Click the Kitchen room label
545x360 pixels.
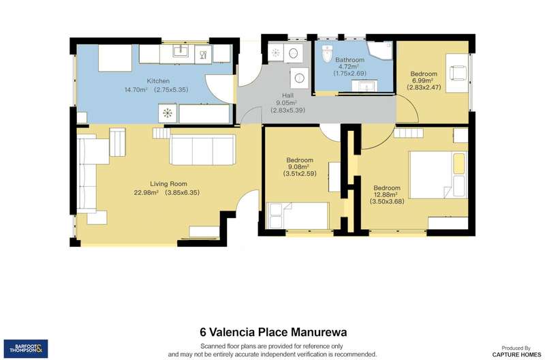coord(158,81)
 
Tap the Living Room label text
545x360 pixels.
coord(168,184)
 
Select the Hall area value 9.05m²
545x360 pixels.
coord(286,103)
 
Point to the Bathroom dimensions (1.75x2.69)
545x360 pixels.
coord(349,74)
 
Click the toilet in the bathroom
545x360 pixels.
coord(327,54)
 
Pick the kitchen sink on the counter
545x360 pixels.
coord(181,51)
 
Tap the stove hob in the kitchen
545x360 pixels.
coord(168,113)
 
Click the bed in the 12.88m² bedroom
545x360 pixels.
coord(438,175)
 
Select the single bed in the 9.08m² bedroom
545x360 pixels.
coord(297,215)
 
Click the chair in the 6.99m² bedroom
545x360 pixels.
coord(456,73)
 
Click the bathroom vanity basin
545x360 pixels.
coord(364,85)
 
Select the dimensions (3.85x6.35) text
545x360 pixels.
coord(182,193)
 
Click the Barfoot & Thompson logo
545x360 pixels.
coord(26,348)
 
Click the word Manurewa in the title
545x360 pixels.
coord(319,332)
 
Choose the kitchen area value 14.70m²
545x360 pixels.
coord(136,90)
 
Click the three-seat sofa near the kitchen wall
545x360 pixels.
coord(202,149)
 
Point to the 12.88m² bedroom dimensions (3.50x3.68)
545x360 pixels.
coord(387,201)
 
